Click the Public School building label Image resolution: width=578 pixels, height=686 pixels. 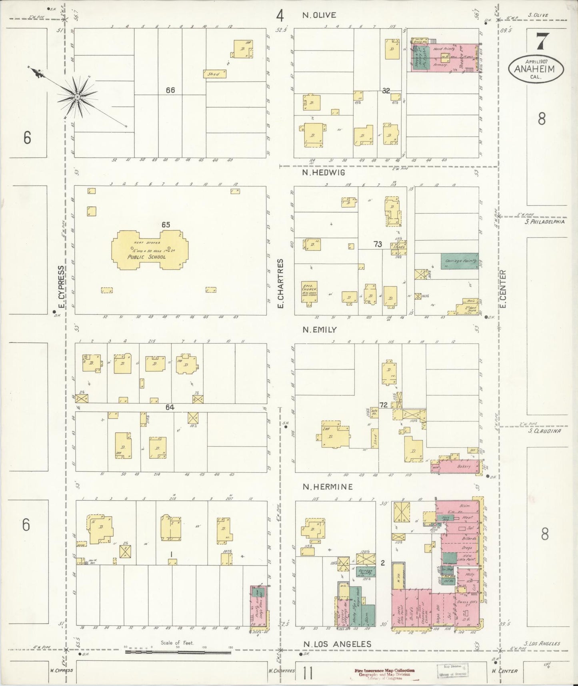point(146,257)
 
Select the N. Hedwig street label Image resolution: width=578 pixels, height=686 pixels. point(324,173)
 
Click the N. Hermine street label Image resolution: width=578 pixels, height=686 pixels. point(328,487)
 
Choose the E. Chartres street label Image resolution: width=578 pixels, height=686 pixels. point(280,283)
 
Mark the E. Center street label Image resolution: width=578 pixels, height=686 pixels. point(503,289)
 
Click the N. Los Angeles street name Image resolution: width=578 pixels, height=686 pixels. point(337,644)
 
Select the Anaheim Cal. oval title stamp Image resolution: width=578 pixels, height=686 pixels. point(536,69)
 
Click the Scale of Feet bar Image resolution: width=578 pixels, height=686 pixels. point(178,652)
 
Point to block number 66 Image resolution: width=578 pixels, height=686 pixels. point(170,90)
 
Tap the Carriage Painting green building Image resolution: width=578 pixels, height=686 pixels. point(459,261)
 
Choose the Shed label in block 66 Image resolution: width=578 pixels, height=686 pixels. point(214,74)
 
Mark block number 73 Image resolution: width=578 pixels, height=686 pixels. point(378,244)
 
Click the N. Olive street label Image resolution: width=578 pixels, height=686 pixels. point(319,15)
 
